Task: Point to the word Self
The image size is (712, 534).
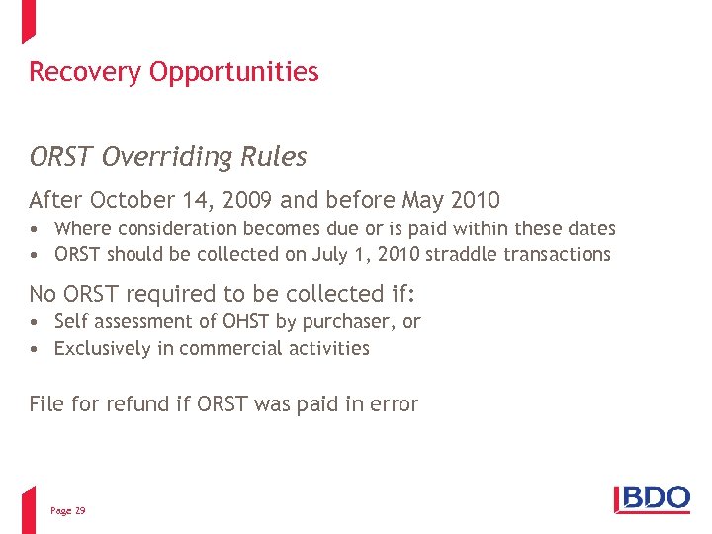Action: tap(71, 321)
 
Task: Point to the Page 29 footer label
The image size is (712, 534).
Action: tap(67, 510)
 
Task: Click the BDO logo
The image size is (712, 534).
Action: tap(652, 497)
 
